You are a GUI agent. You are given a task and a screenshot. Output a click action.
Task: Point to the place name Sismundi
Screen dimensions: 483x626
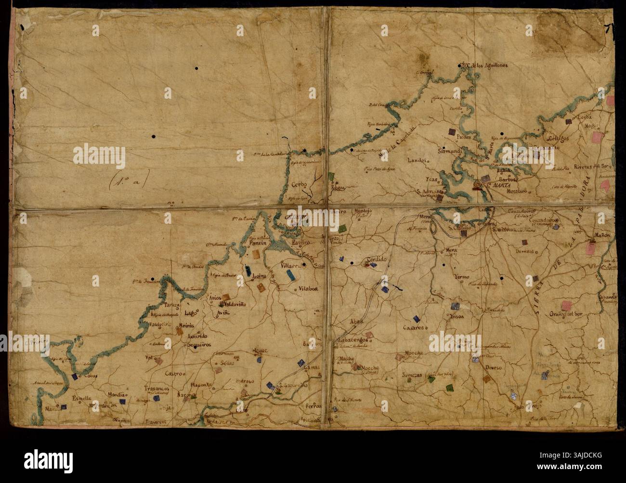click(x=450, y=151)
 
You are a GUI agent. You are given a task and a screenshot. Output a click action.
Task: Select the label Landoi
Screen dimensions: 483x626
click(x=417, y=161)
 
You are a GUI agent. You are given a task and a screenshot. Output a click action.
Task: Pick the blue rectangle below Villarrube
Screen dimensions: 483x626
click(x=290, y=274)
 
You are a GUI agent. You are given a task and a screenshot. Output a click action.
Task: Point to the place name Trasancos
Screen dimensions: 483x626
click(x=157, y=388)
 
